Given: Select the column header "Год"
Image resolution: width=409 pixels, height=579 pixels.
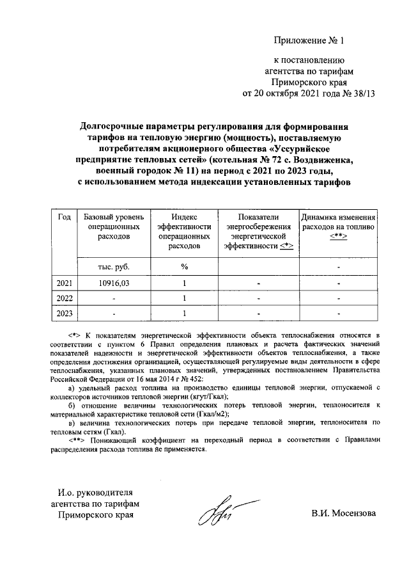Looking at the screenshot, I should pyautogui.click(x=64, y=217).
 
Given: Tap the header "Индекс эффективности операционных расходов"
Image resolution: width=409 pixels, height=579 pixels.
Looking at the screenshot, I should pyautogui.click(x=184, y=231).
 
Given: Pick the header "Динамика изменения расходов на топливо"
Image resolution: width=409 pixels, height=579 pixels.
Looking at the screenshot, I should pyautogui.click(x=339, y=226).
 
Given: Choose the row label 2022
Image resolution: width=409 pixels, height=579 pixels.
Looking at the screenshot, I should pyautogui.click(x=64, y=298).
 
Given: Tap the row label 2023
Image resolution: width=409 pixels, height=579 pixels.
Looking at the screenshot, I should pyautogui.click(x=64, y=313).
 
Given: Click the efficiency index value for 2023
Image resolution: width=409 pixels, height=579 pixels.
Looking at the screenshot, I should pyautogui.click(x=184, y=313).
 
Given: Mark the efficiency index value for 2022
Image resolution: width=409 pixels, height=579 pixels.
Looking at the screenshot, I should pyautogui.click(x=184, y=298).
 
